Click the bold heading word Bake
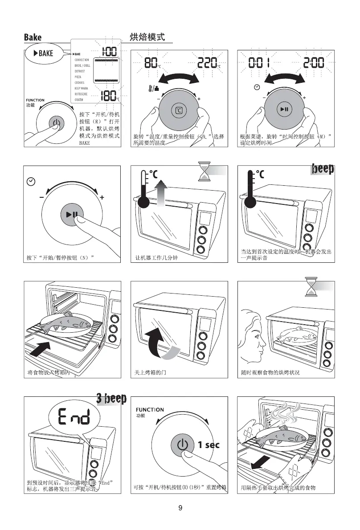click(33, 38)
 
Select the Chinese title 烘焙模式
click(147, 37)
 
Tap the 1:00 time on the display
click(109, 52)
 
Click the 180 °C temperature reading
click(109, 95)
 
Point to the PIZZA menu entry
click(78, 77)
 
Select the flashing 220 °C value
click(208, 65)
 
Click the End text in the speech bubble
click(73, 418)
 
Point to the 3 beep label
click(111, 398)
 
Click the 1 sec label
click(209, 445)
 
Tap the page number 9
click(180, 508)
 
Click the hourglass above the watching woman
click(310, 286)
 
